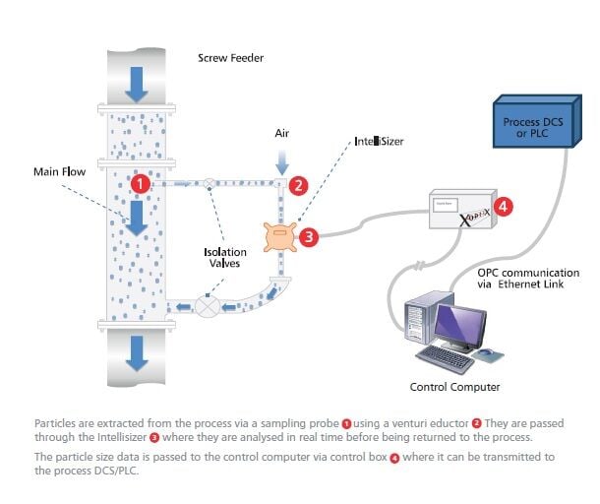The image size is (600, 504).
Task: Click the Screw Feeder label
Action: click(x=230, y=58)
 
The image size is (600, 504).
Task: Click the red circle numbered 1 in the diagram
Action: click(x=142, y=183)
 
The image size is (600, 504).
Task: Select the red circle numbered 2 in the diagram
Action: click(x=300, y=184)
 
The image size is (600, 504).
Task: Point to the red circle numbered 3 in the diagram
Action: click(x=309, y=236)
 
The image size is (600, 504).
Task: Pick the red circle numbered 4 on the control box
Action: click(x=503, y=207)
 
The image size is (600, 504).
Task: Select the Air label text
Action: click(x=280, y=130)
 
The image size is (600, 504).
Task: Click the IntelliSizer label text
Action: click(x=380, y=142)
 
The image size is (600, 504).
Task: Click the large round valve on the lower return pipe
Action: click(x=210, y=306)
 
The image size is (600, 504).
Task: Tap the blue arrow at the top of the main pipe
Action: click(x=137, y=88)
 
